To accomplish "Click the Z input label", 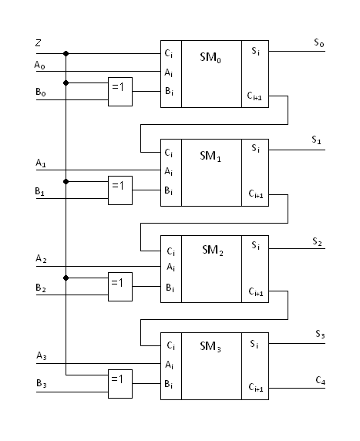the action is (38, 42).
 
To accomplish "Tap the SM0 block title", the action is (210, 57).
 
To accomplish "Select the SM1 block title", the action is (210, 156).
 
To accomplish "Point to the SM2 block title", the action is (213, 250).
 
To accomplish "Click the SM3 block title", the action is (210, 346).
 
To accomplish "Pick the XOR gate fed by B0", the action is (120, 92).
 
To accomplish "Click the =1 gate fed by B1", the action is (120, 190).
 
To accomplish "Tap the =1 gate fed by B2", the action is (120, 287).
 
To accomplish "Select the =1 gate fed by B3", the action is (120, 384).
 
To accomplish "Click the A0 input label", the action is (39, 66).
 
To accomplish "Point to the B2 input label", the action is (41, 288).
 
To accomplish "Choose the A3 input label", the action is (42, 355).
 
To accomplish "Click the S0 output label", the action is (319, 42).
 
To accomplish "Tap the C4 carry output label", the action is (321, 381).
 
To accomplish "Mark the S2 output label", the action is (317, 241).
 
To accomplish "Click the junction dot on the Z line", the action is (66, 53).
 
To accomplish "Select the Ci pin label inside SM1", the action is (169, 153).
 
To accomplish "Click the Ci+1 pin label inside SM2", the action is (256, 291).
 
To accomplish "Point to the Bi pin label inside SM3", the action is (169, 384).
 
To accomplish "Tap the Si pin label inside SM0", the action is (255, 51).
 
